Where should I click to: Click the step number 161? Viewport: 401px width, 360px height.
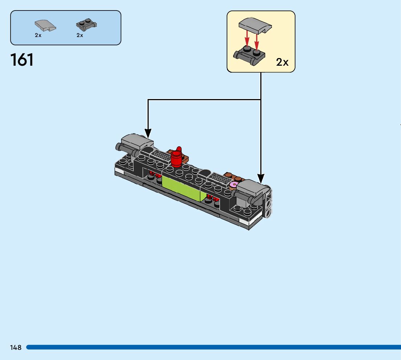(22, 60)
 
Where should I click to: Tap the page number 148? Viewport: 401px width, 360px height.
(16, 348)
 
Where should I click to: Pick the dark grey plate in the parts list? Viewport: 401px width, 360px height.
(87, 25)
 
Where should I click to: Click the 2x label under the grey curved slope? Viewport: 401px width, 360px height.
(38, 35)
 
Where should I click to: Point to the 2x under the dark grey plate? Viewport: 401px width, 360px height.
(80, 35)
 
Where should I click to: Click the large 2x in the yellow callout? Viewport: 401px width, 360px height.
(282, 62)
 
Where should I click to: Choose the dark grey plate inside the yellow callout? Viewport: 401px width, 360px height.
(250, 55)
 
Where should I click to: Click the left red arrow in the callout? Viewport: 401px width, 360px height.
(247, 38)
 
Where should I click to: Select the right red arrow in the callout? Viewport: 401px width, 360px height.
(257, 41)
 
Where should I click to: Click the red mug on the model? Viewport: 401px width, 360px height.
(177, 157)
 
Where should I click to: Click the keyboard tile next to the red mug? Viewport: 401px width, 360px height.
(160, 156)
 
